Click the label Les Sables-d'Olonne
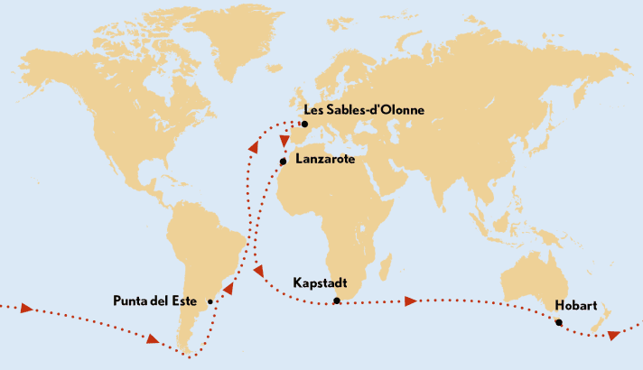pyautogui.click(x=364, y=110)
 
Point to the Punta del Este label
pyautogui.click(x=156, y=301)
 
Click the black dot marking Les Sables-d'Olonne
pyautogui.click(x=305, y=124)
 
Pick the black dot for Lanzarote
pyautogui.click(x=283, y=162)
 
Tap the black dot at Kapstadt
pyautogui.click(x=336, y=301)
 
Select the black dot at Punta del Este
pyautogui.click(x=210, y=302)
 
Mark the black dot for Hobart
pyautogui.click(x=559, y=322)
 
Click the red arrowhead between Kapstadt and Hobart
pyautogui.click(x=412, y=301)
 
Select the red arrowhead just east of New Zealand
pyautogui.click(x=614, y=335)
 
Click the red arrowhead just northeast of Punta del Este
pyautogui.click(x=228, y=290)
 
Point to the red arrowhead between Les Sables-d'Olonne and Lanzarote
pyautogui.click(x=284, y=143)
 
